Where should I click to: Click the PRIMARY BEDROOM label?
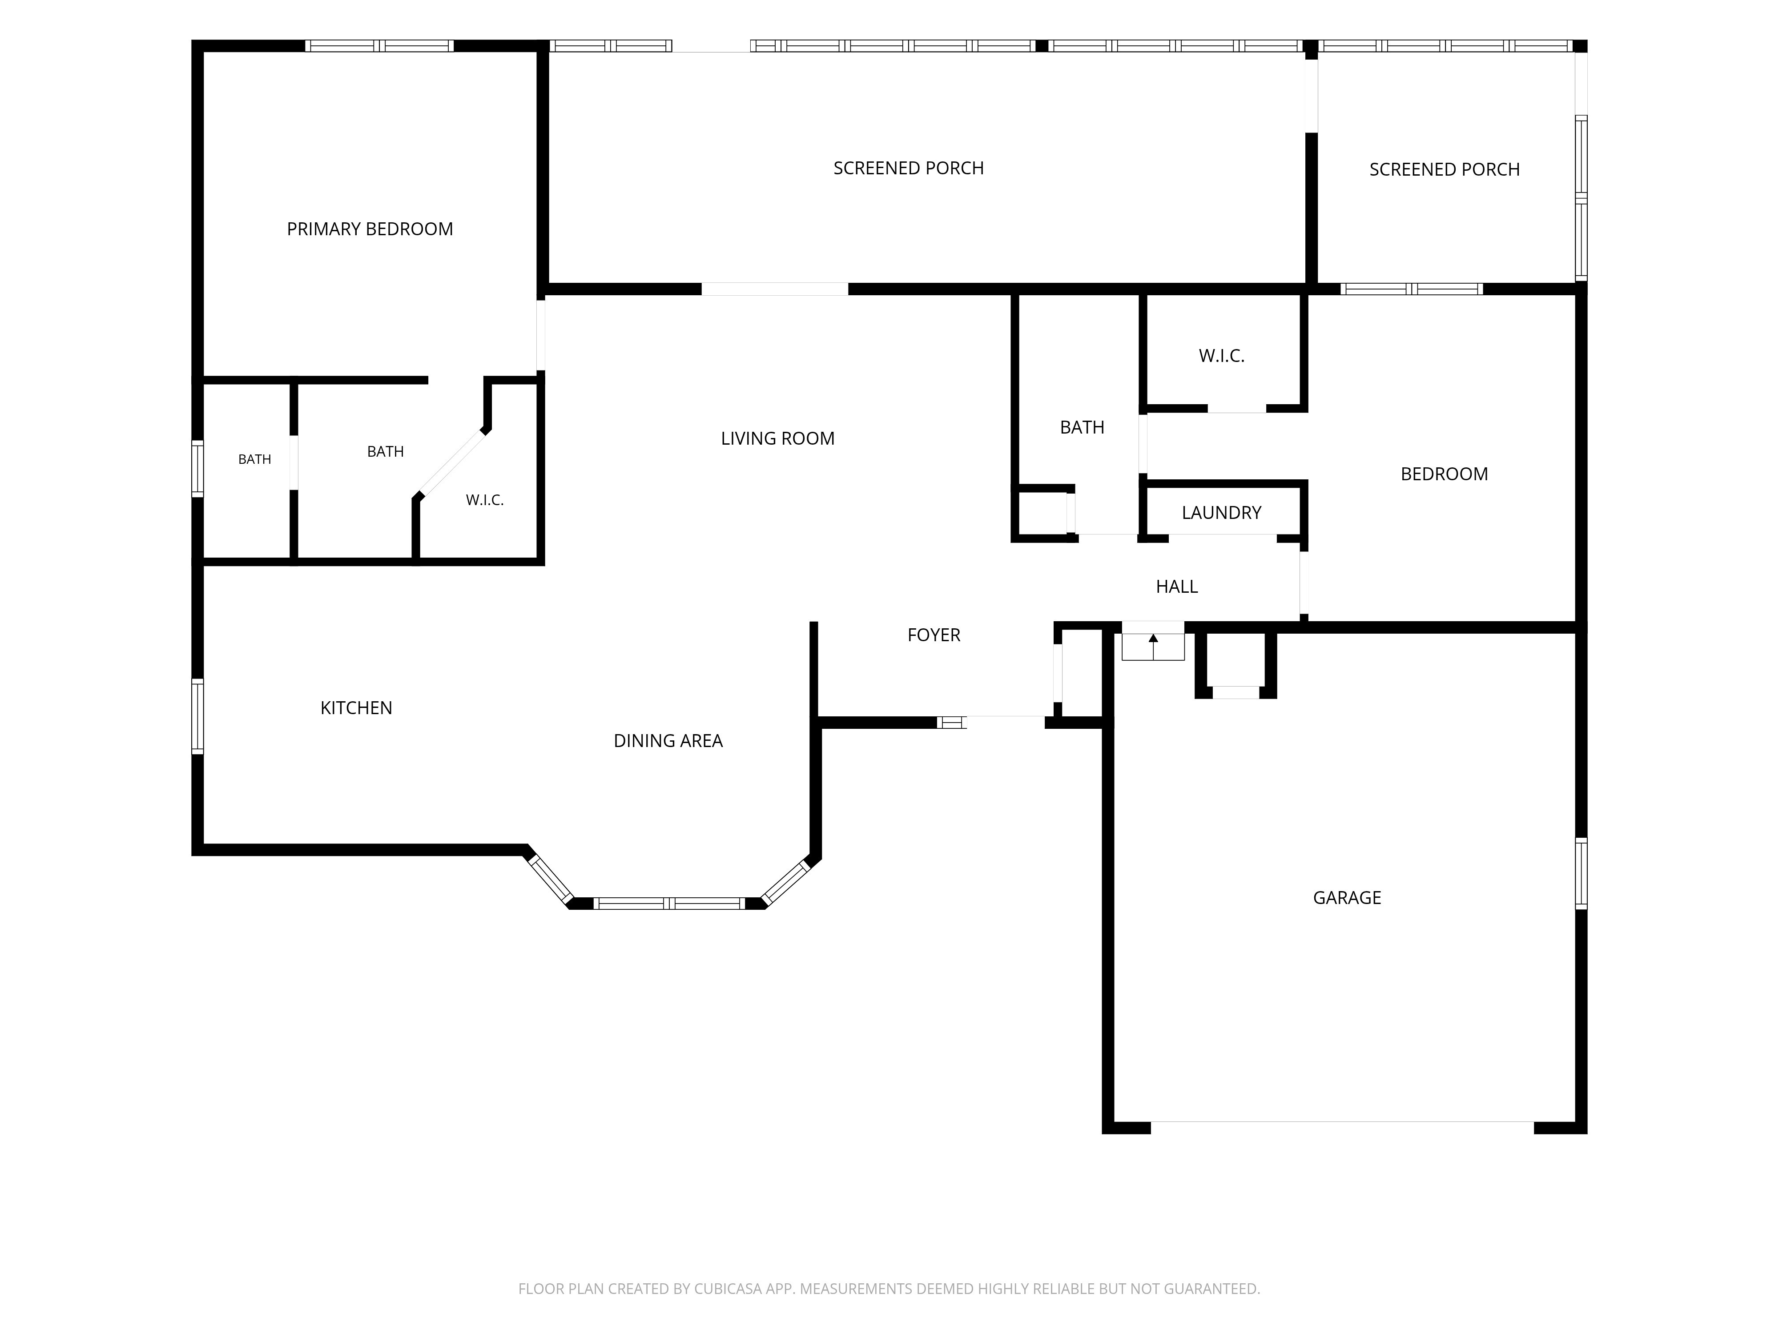coord(370,229)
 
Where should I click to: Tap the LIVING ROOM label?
coord(778,438)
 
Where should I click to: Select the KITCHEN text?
coord(356,707)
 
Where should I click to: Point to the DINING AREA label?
coord(668,740)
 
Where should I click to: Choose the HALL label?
coord(1177,586)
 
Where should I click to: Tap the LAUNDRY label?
coord(1222,512)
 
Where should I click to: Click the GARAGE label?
coord(1347,897)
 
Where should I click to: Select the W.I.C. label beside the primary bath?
coord(485,500)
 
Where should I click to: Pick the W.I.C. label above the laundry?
coord(1222,355)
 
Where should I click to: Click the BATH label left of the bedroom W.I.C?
coord(1083,427)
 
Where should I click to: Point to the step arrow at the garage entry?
coord(1153,647)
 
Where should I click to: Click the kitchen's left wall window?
coord(197,716)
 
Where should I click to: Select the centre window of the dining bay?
coord(669,903)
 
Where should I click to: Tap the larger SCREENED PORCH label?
coord(909,168)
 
